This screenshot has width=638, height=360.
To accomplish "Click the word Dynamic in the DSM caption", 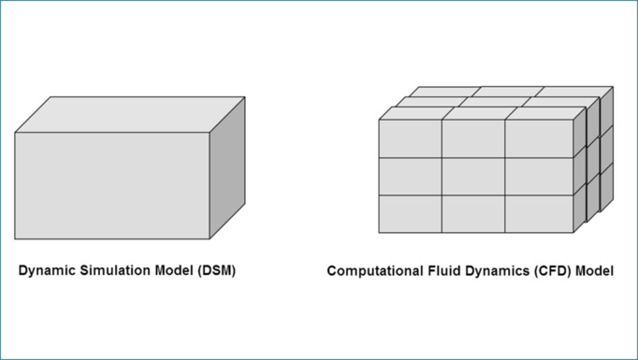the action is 48,271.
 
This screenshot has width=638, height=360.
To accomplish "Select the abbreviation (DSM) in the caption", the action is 217,271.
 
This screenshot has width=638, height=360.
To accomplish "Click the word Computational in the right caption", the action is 375,271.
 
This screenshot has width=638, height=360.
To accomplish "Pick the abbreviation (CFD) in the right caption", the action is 554,271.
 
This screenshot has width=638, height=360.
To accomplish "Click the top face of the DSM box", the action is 130,115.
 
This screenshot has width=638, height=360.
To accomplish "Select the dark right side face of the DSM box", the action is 227,168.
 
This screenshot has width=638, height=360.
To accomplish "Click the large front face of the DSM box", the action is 112,185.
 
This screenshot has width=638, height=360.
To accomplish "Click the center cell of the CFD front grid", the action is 473,177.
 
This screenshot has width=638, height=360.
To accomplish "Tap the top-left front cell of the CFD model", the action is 410,138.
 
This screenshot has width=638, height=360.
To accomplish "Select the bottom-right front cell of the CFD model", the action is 539,214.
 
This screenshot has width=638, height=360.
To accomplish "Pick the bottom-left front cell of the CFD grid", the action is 410,214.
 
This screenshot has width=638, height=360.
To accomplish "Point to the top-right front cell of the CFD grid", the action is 539,138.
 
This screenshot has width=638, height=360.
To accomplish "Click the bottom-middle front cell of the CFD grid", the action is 473,214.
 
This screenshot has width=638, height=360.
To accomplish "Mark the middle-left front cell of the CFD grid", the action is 410,177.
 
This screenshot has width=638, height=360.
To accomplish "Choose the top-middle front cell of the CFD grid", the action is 473,138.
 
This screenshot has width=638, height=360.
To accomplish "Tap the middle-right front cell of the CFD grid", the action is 539,177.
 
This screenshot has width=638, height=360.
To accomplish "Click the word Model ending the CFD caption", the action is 594,271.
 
